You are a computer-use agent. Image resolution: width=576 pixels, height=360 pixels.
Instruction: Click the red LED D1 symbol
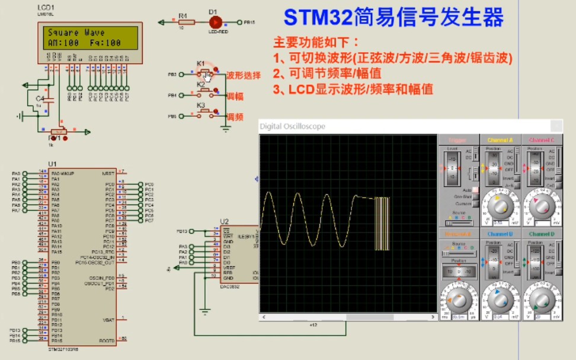tap(215, 22)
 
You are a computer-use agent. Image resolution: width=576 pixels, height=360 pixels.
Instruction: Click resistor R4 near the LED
tap(183, 22)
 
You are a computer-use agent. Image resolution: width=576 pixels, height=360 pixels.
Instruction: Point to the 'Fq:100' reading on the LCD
tap(106, 43)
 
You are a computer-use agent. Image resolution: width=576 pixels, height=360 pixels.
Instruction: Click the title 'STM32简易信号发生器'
tap(393, 17)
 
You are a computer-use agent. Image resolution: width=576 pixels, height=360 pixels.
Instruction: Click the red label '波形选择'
tap(244, 75)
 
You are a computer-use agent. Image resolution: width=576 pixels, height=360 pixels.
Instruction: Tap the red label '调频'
tap(235, 116)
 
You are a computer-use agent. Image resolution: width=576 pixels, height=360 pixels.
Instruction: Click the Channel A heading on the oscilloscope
tap(500, 140)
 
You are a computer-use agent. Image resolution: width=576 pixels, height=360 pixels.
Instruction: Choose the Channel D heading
tap(541, 234)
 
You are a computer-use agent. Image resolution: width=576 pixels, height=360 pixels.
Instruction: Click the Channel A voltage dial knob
tap(499, 204)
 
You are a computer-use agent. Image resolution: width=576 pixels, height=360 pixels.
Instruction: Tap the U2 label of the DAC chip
tap(224, 222)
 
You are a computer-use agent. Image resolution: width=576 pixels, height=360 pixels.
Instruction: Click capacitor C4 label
tap(40, 98)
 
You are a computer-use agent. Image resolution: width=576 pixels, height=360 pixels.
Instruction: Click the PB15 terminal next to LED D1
tap(248, 22)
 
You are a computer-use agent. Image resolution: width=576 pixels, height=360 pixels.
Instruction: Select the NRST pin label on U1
tap(108, 173)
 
